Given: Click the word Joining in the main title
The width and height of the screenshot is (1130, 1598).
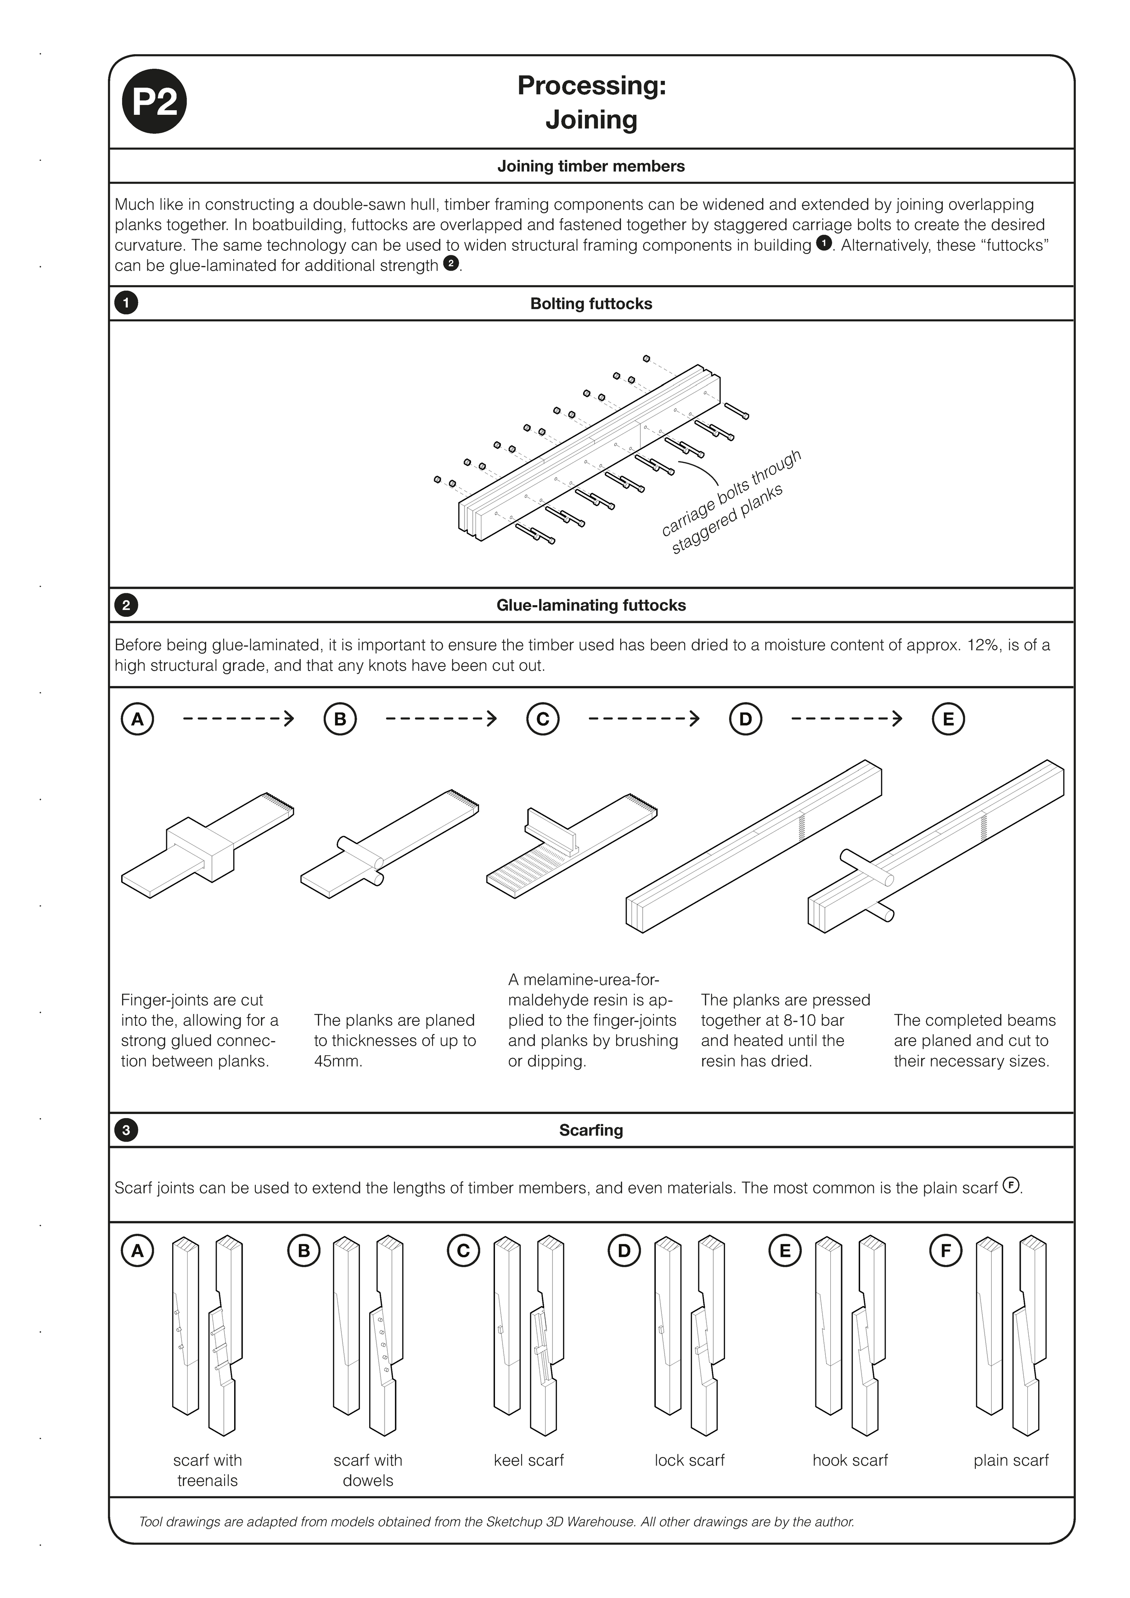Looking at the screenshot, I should [x=591, y=120].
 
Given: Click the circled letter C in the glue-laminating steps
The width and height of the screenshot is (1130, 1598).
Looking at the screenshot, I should [x=542, y=719].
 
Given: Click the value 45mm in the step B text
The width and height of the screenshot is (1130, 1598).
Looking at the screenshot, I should [x=339, y=1062].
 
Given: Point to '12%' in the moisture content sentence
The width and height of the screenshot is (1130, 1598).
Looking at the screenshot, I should [x=982, y=645].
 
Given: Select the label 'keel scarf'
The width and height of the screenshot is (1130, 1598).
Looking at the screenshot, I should [x=528, y=1460].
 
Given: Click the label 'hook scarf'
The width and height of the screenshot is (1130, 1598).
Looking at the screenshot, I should [x=850, y=1460].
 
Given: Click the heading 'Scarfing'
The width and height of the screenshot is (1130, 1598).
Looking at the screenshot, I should [x=591, y=1130].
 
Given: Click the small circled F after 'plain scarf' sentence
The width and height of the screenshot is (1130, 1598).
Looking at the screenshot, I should [x=1011, y=1185].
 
